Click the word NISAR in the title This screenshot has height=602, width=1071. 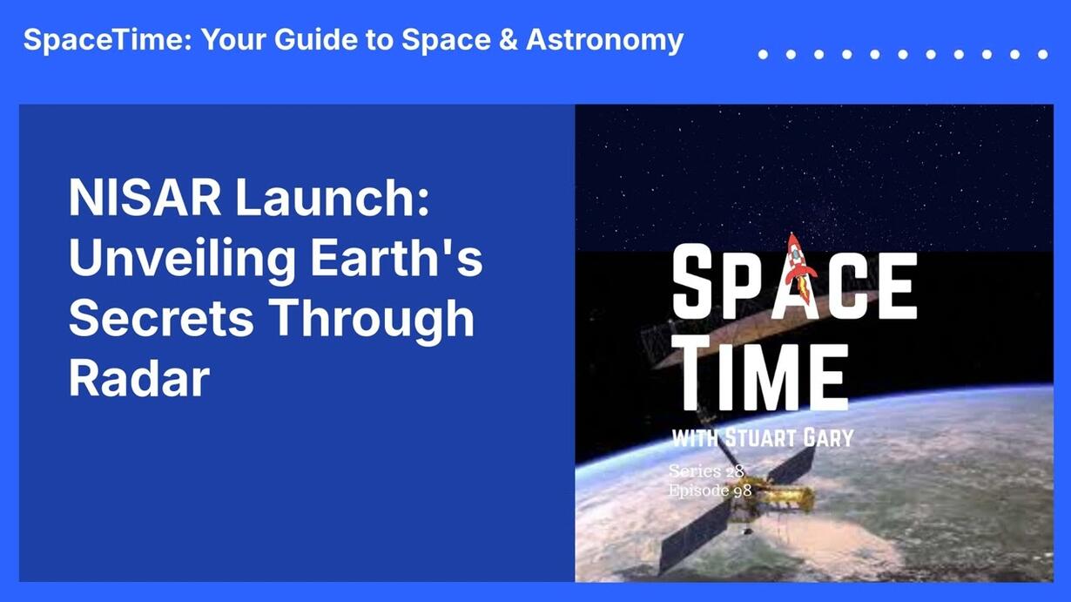point(145,198)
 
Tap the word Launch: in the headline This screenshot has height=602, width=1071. point(333,197)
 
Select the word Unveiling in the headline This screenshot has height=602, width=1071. point(183,259)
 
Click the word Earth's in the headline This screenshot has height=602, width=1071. point(397,258)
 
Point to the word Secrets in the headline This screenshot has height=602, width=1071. point(160,318)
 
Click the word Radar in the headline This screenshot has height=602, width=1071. point(139,378)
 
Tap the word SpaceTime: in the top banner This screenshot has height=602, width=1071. point(108,39)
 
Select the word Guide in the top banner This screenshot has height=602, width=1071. point(315,39)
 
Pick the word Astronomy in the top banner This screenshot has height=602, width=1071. point(605,40)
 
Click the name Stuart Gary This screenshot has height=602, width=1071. point(790,438)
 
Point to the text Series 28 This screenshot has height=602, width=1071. point(707,470)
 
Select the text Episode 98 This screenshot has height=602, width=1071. point(710,490)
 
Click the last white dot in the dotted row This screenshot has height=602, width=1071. point(1043,55)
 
